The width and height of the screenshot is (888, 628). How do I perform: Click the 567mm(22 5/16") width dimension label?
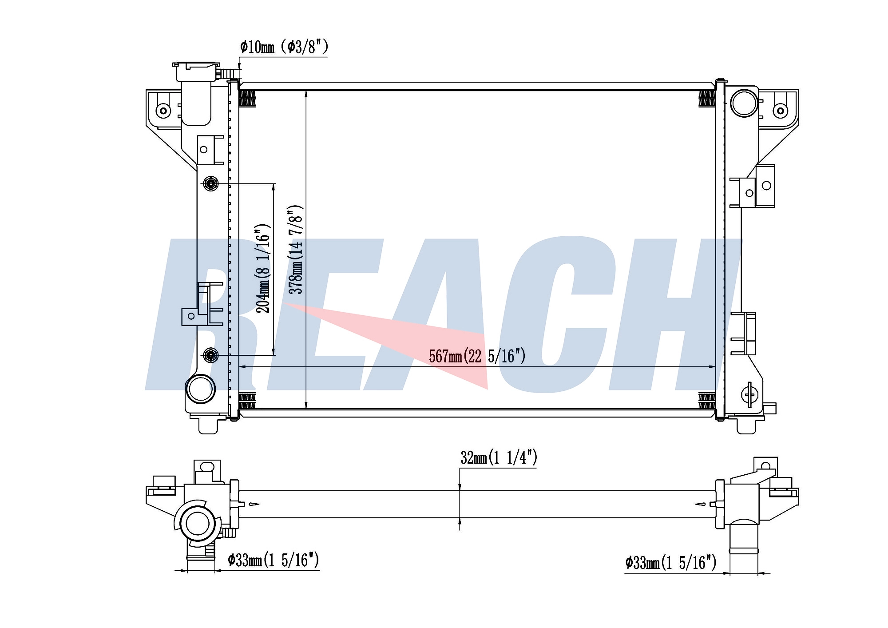pyautogui.click(x=477, y=356)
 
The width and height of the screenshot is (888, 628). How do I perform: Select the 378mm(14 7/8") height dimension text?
pyautogui.click(x=296, y=250)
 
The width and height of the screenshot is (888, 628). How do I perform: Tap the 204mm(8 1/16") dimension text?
pyautogui.click(x=263, y=268)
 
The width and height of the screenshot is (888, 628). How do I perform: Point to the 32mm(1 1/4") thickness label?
pyautogui.click(x=499, y=457)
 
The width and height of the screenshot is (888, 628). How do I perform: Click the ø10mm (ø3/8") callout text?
pyautogui.click(x=284, y=47)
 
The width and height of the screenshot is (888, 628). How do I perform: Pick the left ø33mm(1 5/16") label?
pyautogui.click(x=274, y=560)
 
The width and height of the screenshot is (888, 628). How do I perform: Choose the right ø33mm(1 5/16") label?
pyautogui.click(x=671, y=563)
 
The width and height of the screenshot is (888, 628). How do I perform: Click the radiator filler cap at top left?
pyautogui.click(x=196, y=71)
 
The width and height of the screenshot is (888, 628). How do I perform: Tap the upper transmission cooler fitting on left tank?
pyautogui.click(x=210, y=183)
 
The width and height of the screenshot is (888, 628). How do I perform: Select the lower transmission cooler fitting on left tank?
pyautogui.click(x=210, y=355)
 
